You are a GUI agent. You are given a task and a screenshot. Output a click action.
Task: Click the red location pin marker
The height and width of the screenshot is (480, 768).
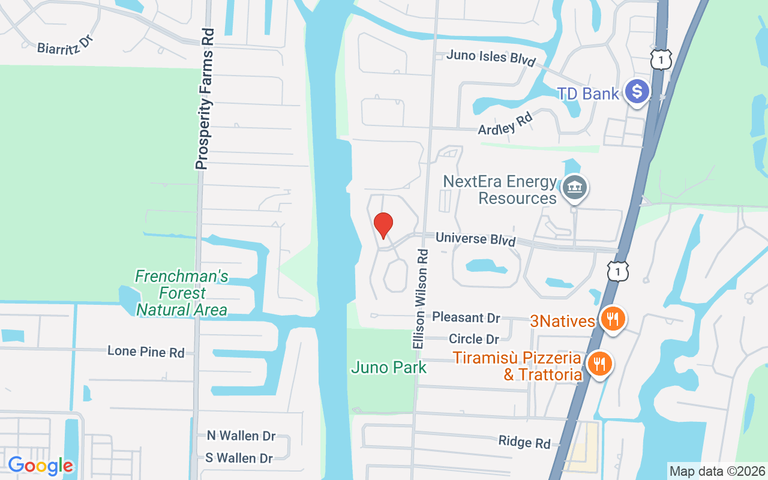point(383,225)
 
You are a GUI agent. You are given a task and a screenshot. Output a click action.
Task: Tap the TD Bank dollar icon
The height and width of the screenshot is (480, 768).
point(637,92)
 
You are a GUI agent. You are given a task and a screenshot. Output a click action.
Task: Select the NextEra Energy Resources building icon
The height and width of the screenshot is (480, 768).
point(575,188)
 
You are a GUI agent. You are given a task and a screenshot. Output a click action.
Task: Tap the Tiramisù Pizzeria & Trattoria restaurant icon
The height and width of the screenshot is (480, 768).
point(599,364)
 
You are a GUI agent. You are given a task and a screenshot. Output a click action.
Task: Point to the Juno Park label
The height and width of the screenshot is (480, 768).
point(389,367)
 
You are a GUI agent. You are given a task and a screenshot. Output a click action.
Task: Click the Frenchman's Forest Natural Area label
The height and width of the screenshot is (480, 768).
point(182,293)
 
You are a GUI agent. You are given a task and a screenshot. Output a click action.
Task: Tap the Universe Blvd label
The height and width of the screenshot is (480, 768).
point(475,238)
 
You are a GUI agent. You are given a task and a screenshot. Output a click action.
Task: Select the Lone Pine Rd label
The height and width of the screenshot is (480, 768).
point(146,352)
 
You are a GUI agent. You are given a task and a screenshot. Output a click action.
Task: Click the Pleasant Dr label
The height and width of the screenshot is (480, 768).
point(466,317)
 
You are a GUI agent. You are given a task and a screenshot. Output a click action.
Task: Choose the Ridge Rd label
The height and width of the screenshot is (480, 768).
point(524,442)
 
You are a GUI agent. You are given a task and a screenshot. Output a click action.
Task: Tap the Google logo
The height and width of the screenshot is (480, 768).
point(41,466)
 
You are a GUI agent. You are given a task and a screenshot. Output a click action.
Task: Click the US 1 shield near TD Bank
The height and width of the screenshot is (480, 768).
point(660,59)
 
